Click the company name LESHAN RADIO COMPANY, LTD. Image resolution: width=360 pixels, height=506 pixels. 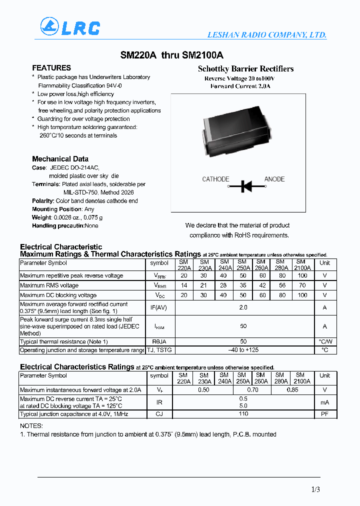[x=267, y=35]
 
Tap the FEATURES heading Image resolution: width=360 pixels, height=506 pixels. [x=51, y=68]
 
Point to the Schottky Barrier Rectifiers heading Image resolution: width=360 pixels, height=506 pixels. [x=245, y=69]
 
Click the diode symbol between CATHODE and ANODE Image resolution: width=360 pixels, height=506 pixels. [x=245, y=186]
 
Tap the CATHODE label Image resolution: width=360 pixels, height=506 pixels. [x=215, y=179]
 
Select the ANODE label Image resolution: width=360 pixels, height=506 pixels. [x=274, y=179]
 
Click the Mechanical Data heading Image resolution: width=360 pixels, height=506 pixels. [x=60, y=159]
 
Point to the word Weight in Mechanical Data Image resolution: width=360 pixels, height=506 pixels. [x=41, y=217]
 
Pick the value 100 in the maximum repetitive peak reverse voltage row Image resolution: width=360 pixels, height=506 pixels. [x=302, y=275]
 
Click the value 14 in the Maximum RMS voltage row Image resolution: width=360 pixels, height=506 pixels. [x=183, y=285]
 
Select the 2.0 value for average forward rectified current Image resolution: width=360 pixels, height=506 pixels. [x=243, y=307]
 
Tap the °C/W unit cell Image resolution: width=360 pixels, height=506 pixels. [x=325, y=341]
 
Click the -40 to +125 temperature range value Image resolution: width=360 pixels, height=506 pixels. [x=243, y=350]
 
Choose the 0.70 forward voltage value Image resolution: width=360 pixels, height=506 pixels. [x=252, y=389]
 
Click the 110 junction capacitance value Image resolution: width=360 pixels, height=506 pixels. [x=243, y=413]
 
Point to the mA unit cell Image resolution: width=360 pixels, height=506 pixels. [x=325, y=402]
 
